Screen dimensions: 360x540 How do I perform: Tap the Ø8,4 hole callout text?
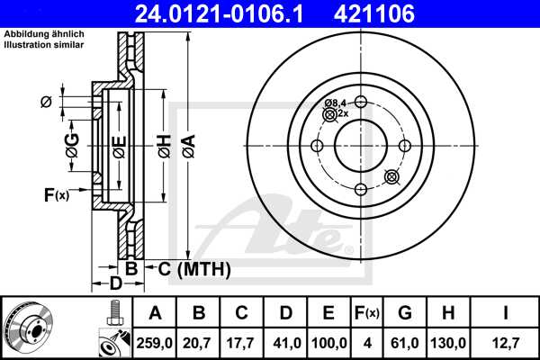[336, 103]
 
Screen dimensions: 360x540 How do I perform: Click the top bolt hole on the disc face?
[359, 102]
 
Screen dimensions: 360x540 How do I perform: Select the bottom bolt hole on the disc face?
[359, 189]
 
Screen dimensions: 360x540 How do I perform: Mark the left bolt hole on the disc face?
[316, 146]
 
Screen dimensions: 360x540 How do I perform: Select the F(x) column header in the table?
[366, 313]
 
